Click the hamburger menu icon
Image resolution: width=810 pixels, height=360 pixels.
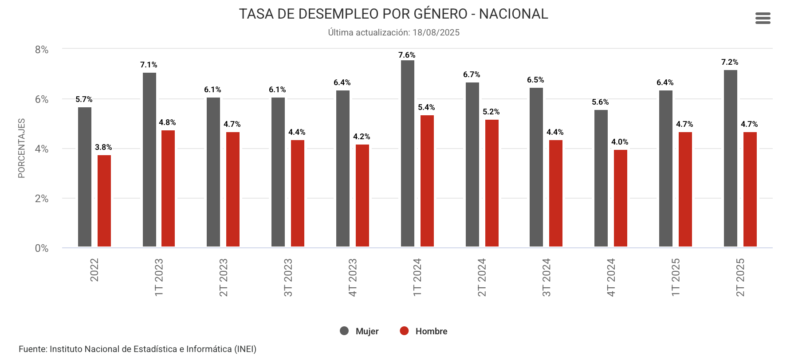coord(763,18)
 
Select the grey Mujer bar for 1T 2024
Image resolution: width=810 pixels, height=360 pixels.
coord(407,153)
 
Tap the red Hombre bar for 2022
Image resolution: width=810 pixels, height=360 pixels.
coord(104,201)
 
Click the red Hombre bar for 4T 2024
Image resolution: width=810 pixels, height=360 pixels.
coord(620,198)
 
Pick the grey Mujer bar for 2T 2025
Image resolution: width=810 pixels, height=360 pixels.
coord(730,158)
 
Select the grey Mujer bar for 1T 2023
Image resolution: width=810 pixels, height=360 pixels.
coord(149,160)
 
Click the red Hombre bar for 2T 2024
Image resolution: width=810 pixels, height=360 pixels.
coord(492,183)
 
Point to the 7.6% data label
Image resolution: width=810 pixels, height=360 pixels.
coord(407,55)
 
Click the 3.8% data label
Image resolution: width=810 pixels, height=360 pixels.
coord(103,147)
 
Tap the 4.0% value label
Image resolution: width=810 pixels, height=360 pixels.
coord(620,142)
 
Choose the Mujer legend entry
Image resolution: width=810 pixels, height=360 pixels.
coord(359,331)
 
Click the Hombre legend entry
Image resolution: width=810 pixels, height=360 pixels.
coord(424,331)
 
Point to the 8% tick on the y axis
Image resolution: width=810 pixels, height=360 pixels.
coord(42,50)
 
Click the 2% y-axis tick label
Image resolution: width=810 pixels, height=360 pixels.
coord(42,199)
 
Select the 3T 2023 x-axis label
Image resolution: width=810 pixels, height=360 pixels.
coord(288,278)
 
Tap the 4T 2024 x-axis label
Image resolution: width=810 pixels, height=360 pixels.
coord(611,278)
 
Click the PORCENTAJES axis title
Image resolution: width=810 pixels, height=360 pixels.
coord(21,149)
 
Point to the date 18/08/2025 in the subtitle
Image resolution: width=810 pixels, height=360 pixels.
coord(436,32)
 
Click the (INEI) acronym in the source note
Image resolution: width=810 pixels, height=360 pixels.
coord(245,349)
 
